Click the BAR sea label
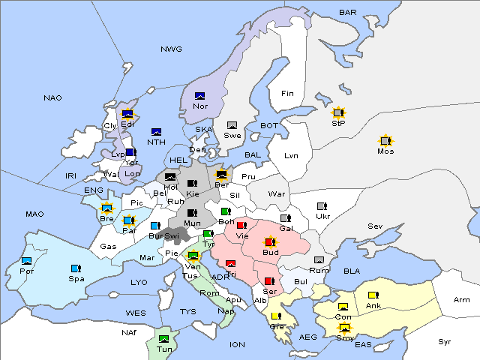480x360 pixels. coord(348,13)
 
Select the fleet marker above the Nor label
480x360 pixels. coord(199,96)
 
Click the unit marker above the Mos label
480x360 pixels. coord(385,140)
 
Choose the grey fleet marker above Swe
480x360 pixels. coord(232,125)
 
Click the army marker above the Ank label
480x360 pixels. coord(373,295)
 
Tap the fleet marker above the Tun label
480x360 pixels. coord(163,339)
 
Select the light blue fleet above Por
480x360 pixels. coord(27,261)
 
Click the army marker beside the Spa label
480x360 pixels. coord(76,268)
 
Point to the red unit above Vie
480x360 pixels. coord(241,225)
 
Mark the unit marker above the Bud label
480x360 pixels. coord(270,241)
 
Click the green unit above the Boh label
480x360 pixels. coord(226,211)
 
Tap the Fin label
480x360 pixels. coord(287,94)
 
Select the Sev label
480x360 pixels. coord(375,226)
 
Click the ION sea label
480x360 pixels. coord(237,344)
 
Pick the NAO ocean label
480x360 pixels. coord(52,98)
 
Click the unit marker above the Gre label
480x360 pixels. coord(276,316)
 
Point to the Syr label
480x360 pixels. coord(445,341)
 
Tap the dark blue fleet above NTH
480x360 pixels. coord(156,132)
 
